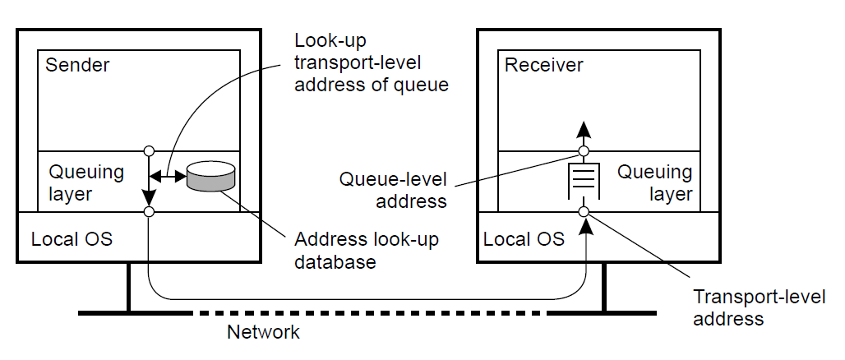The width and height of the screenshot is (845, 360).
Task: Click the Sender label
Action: (x=77, y=65)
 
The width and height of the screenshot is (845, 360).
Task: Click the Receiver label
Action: (x=543, y=65)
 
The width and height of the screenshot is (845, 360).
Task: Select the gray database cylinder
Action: (x=210, y=177)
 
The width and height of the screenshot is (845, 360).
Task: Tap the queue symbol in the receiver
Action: (x=583, y=181)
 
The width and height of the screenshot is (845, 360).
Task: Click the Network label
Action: (x=263, y=333)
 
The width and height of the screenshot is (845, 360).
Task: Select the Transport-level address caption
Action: (x=760, y=307)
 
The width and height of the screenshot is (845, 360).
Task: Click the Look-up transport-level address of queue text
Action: (x=372, y=62)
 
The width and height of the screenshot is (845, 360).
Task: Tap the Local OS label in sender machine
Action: (x=72, y=239)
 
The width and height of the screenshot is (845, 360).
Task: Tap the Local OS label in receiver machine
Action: (x=524, y=239)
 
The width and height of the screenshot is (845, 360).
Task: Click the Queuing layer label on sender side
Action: (x=85, y=183)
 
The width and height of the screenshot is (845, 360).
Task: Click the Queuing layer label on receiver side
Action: (x=654, y=183)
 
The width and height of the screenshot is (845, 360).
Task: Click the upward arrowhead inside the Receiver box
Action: (x=583, y=129)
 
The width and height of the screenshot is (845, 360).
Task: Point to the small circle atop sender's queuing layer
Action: (x=149, y=151)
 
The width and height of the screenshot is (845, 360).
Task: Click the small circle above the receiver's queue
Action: (x=583, y=151)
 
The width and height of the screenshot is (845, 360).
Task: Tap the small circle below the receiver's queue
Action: (x=583, y=212)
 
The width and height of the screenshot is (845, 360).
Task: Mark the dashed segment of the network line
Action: (x=369, y=313)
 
